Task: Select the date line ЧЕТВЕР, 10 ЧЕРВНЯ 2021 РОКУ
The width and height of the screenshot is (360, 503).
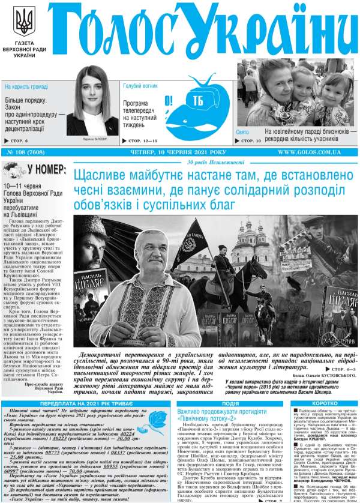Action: coord(178,152)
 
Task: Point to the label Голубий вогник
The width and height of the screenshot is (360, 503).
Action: coord(140,86)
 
